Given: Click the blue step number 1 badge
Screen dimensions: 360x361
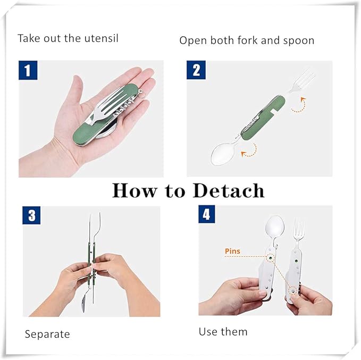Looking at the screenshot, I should [28, 70].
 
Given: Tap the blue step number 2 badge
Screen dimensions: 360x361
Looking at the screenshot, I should [196, 70].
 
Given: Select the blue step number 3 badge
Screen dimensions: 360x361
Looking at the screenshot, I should [32, 215].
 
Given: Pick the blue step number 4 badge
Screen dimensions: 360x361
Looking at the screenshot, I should [207, 214].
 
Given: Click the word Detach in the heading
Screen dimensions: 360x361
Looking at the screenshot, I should [229, 190].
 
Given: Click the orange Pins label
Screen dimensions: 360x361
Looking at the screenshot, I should [232, 251].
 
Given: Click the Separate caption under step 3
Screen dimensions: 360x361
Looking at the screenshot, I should [47, 334].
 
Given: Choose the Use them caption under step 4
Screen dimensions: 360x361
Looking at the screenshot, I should [223, 332].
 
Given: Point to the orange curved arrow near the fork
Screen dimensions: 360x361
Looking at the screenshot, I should [299, 105].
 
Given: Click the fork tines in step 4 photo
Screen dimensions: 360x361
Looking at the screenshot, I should [299, 229].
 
